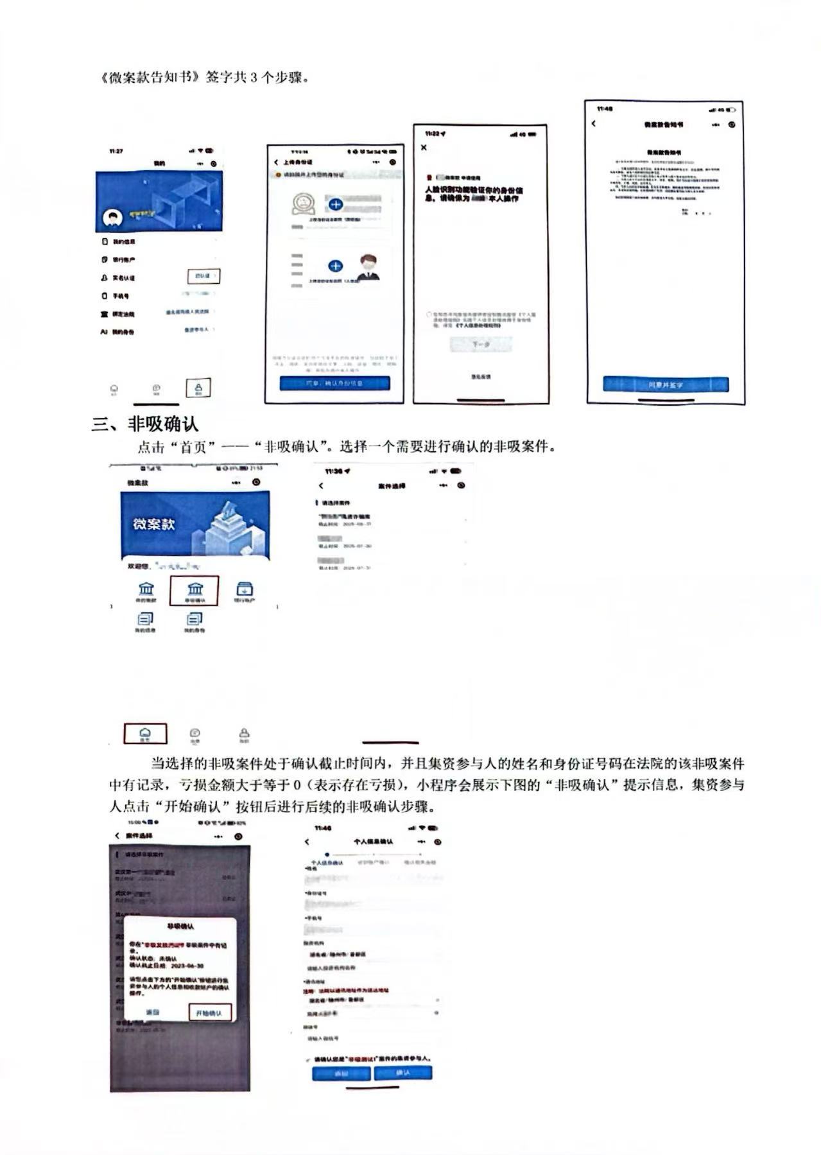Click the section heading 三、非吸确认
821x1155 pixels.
145,424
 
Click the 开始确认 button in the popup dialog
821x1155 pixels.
209,1012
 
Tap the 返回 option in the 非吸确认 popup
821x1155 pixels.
152,1012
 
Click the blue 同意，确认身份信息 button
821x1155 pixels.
334,383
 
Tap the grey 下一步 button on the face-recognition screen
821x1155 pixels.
481,345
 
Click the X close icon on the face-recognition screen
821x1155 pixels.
424,148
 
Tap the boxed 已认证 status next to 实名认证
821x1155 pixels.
203,276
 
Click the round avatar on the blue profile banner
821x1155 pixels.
114,218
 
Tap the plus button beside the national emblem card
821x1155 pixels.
335,205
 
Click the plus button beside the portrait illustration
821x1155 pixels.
335,266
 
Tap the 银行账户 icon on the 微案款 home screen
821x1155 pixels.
245,591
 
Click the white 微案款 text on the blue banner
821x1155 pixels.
154,524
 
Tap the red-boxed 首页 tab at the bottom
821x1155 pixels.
145,733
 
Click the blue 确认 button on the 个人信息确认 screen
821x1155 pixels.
403,1073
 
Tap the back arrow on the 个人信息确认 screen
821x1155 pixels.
307,842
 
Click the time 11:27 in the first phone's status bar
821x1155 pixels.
116,152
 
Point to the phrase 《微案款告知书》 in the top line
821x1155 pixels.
149,78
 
